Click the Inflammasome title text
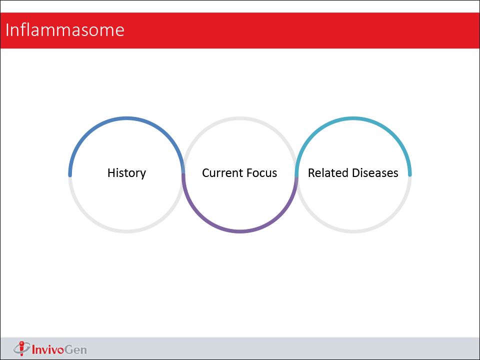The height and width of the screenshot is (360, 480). coord(65,30)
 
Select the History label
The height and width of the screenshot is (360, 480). coord(126,173)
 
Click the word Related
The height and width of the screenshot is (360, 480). coord(328,173)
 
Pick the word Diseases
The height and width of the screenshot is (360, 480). coord(375,173)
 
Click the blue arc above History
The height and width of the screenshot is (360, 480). coord(126,118)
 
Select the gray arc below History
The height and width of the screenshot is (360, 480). coord(126,231)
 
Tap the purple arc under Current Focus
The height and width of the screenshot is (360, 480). coord(240,231)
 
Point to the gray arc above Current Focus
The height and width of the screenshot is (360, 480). coord(240,118)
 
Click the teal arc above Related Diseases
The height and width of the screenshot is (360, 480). coord(353,118)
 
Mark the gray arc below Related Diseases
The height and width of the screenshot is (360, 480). coord(353,231)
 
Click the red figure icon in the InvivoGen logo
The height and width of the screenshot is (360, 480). coord(21,348)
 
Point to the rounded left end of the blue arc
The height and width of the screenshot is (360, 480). coord(70,175)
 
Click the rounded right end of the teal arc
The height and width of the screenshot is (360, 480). coord(410,175)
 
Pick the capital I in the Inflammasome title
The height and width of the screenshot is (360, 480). coord(7,30)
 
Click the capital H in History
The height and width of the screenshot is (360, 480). coord(111,173)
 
